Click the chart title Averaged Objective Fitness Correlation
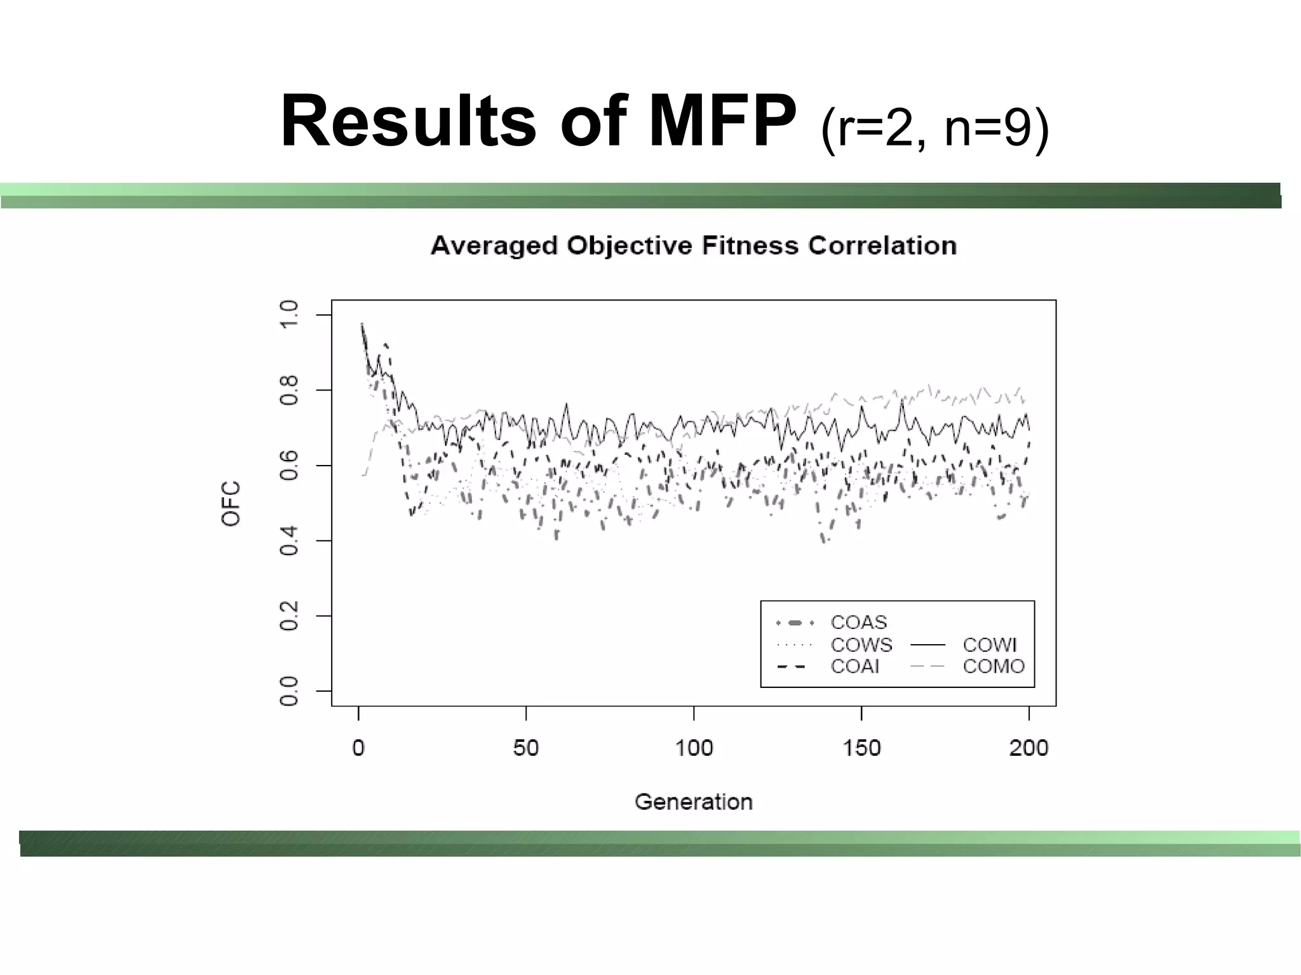coord(693,245)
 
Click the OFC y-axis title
coord(231,503)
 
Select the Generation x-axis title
coord(693,802)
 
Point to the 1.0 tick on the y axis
coord(289,314)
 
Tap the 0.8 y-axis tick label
coord(289,390)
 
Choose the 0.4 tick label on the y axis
coord(289,541)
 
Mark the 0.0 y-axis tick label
coord(289,691)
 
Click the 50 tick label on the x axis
coord(526,748)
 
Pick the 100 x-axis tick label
coord(694,748)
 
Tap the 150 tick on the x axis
coord(861,748)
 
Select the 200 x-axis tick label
coord(1028,748)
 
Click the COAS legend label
coord(858,622)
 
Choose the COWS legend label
coord(861,645)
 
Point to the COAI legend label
coord(854,666)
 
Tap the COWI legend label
coord(989,645)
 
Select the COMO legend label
coord(994,666)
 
